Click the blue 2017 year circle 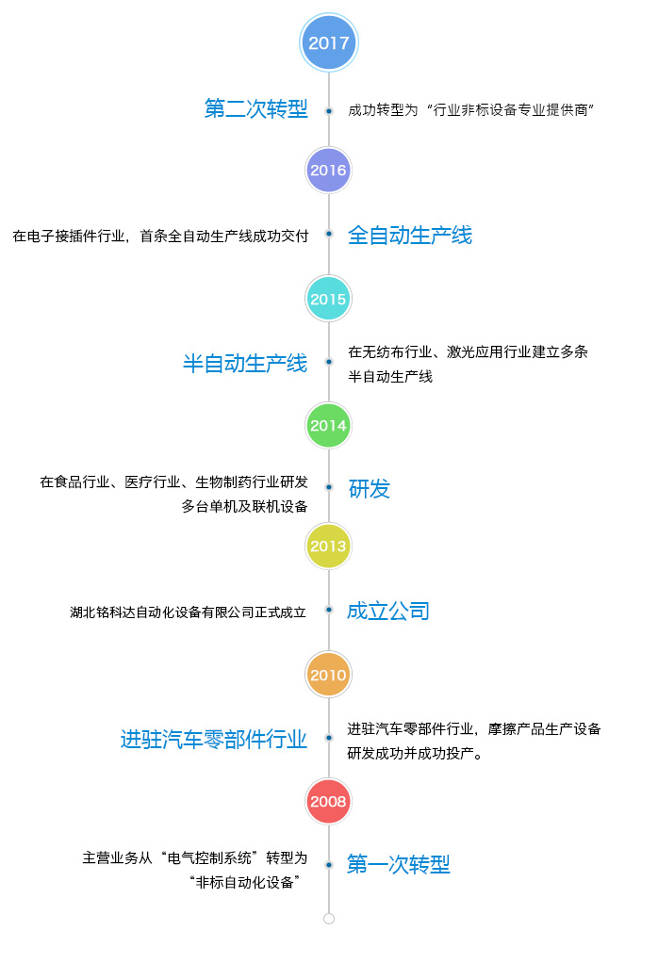coord(329,43)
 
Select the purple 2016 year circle coord(329,171)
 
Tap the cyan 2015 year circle coord(329,299)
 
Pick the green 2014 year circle coord(329,426)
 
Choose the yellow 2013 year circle coord(329,546)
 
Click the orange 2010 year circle coord(329,675)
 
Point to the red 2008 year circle coord(329,802)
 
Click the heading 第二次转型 coord(256,108)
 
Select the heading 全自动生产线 coord(410,236)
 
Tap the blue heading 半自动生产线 coord(245,364)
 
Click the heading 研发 coord(370,489)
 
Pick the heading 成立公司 coord(388,612)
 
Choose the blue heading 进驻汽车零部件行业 coord(214,740)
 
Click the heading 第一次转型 coord(399,865)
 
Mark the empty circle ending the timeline coord(329,919)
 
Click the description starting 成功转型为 coord(470,110)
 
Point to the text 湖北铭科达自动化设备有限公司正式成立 coord(188,612)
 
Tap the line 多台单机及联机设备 coord(244,507)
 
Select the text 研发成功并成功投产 coord(415,754)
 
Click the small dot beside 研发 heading coord(329,487)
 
